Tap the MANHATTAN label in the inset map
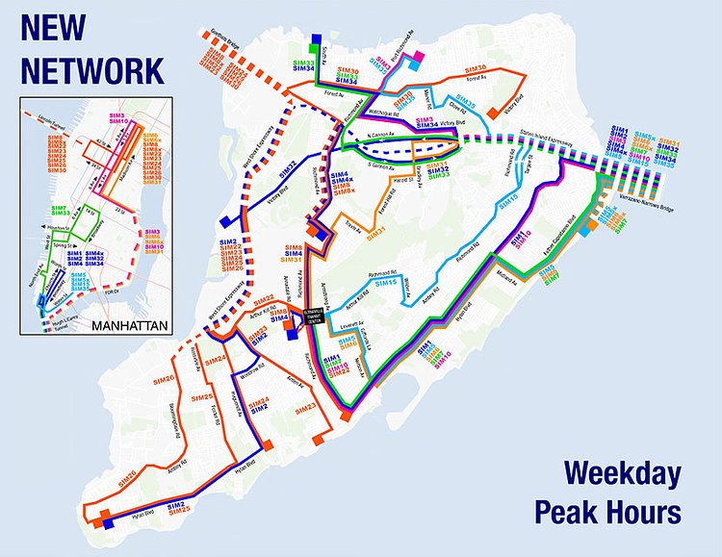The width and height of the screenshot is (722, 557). (x=124, y=325)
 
